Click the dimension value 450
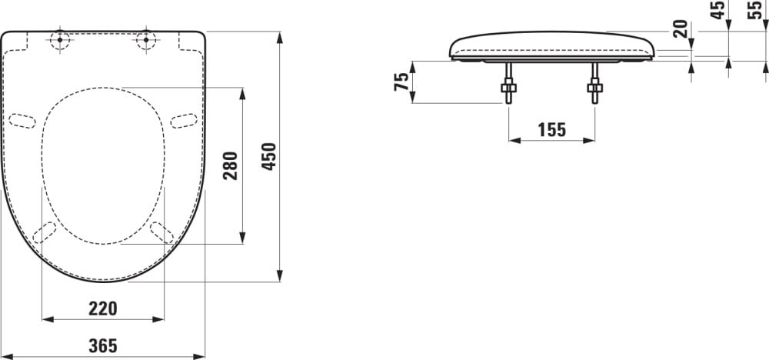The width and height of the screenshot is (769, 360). click(x=269, y=157)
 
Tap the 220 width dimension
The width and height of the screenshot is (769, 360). click(x=102, y=308)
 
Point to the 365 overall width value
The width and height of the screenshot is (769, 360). click(x=102, y=346)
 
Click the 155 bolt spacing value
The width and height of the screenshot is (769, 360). click(x=551, y=130)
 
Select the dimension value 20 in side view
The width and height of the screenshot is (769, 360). click(x=680, y=29)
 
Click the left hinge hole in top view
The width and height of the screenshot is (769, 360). click(x=60, y=41)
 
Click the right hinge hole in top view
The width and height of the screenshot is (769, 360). click(x=146, y=41)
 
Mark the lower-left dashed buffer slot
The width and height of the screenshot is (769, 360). click(x=45, y=232)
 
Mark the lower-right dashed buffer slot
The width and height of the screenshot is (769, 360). click(x=161, y=232)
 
